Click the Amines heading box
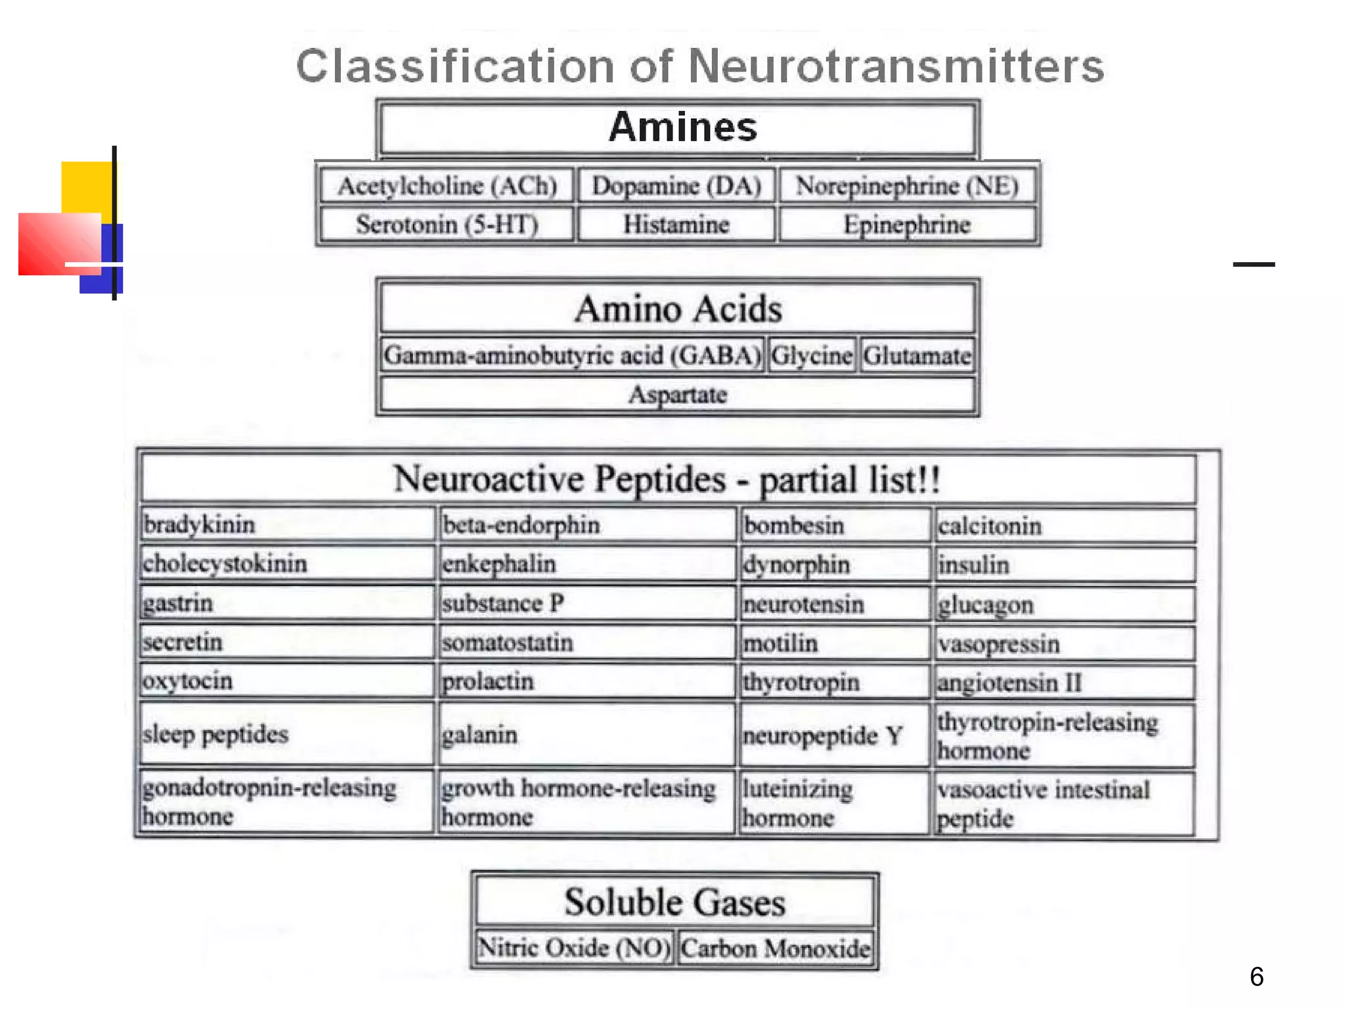point(678,128)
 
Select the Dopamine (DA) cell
point(676,186)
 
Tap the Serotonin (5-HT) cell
point(447,225)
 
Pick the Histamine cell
point(676,225)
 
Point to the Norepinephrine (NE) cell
point(907,186)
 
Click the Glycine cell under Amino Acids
point(812,355)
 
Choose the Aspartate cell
point(678,395)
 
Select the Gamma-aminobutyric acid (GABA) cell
point(572,355)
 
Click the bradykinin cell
point(287,525)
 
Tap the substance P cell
point(586,603)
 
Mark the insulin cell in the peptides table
point(1063,565)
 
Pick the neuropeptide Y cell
point(834,735)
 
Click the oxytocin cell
point(287,681)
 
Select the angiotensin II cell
point(1063,683)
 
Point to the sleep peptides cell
point(287,734)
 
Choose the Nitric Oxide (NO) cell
point(575,948)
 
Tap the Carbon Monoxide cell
point(776,948)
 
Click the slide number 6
point(1256,977)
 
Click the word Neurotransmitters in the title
point(896,66)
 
